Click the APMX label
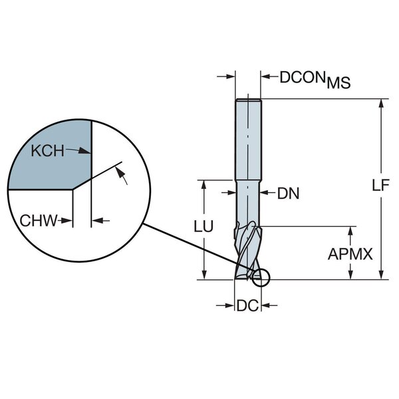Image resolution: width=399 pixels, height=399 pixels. click(x=350, y=253)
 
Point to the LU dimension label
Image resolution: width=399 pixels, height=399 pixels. click(x=203, y=227)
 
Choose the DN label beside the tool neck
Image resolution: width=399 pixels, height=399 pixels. click(x=289, y=194)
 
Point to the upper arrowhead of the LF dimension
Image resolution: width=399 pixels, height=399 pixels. click(x=381, y=104)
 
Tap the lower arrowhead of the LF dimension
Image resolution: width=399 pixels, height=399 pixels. click(x=381, y=275)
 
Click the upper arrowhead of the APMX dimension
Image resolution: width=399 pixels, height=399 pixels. click(x=350, y=231)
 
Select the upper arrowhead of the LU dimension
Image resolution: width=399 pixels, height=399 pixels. click(x=203, y=184)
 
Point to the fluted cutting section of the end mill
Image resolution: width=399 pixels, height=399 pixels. click(x=247, y=249)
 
